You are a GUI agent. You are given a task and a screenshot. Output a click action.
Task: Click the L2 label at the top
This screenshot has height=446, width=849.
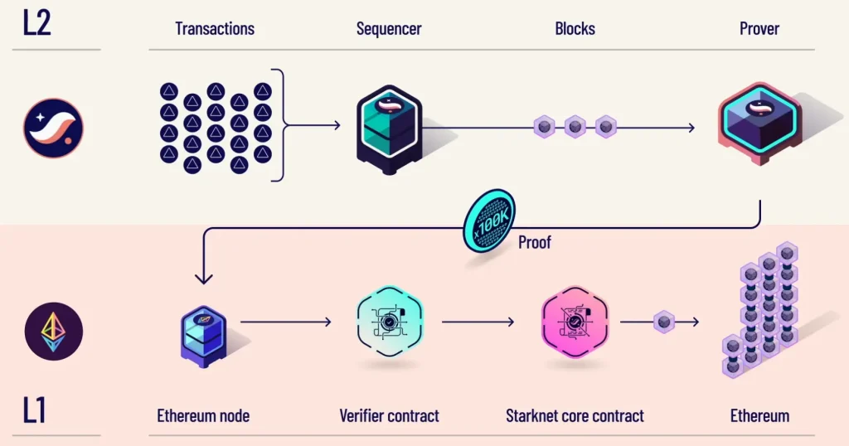pos(37,22)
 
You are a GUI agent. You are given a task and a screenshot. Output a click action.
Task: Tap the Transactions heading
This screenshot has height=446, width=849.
pos(215,28)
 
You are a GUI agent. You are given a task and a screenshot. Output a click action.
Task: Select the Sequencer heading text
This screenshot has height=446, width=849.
pos(389,28)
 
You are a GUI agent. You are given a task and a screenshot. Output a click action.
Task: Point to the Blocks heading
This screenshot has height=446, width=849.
pos(575,28)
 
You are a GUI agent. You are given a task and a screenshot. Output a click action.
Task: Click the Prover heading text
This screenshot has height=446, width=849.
pos(759,28)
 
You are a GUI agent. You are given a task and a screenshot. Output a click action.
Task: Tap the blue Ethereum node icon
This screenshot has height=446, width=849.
pos(203,331)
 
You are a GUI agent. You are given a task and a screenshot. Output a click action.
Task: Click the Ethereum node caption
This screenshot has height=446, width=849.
pos(202,415)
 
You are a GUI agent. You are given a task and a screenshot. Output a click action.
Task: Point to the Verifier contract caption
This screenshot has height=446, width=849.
pos(389,415)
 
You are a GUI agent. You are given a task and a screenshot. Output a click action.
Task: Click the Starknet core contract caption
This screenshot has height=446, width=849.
pos(575,415)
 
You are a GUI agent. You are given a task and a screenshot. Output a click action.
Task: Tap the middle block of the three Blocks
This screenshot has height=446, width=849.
pos(575,127)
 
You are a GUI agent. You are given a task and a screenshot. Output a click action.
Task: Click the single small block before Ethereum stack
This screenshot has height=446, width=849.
pos(663,322)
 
